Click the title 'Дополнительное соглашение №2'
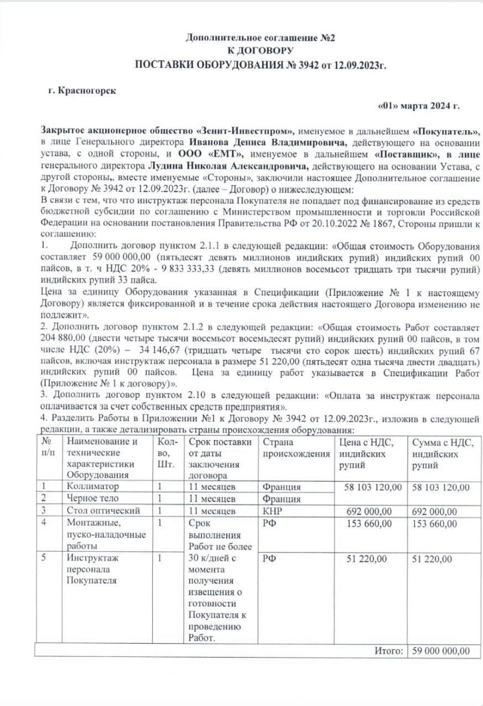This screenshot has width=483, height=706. (x=261, y=38)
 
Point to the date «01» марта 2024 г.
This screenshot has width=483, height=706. (x=418, y=106)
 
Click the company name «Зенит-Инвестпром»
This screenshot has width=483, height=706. (x=246, y=131)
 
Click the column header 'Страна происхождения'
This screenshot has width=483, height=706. (x=295, y=448)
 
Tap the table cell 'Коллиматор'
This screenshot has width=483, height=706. (x=92, y=487)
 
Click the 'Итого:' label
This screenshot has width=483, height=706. (x=389, y=651)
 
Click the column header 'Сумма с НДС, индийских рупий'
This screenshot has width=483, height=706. (x=443, y=453)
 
